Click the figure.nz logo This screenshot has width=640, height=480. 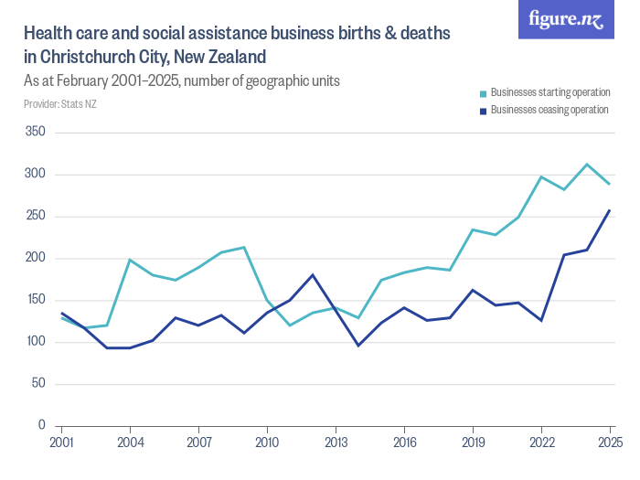click(566, 19)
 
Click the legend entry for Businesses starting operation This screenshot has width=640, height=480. click(549, 92)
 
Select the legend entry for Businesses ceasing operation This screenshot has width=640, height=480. click(549, 110)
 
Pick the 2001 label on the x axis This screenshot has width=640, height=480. click(62, 443)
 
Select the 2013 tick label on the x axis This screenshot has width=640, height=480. click(336, 443)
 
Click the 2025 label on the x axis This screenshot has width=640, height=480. click(610, 443)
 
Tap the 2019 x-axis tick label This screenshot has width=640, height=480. click(473, 443)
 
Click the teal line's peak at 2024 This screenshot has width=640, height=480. click(587, 165)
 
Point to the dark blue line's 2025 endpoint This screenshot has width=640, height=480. click(610, 210)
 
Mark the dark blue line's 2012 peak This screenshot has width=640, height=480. click(313, 274)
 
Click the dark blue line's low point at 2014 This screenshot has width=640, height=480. click(358, 345)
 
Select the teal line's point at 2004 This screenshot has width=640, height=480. click(131, 260)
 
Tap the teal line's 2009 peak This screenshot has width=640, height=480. click(244, 247)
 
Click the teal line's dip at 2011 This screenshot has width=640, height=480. click(290, 325)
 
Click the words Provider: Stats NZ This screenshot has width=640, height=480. click(60, 103)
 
